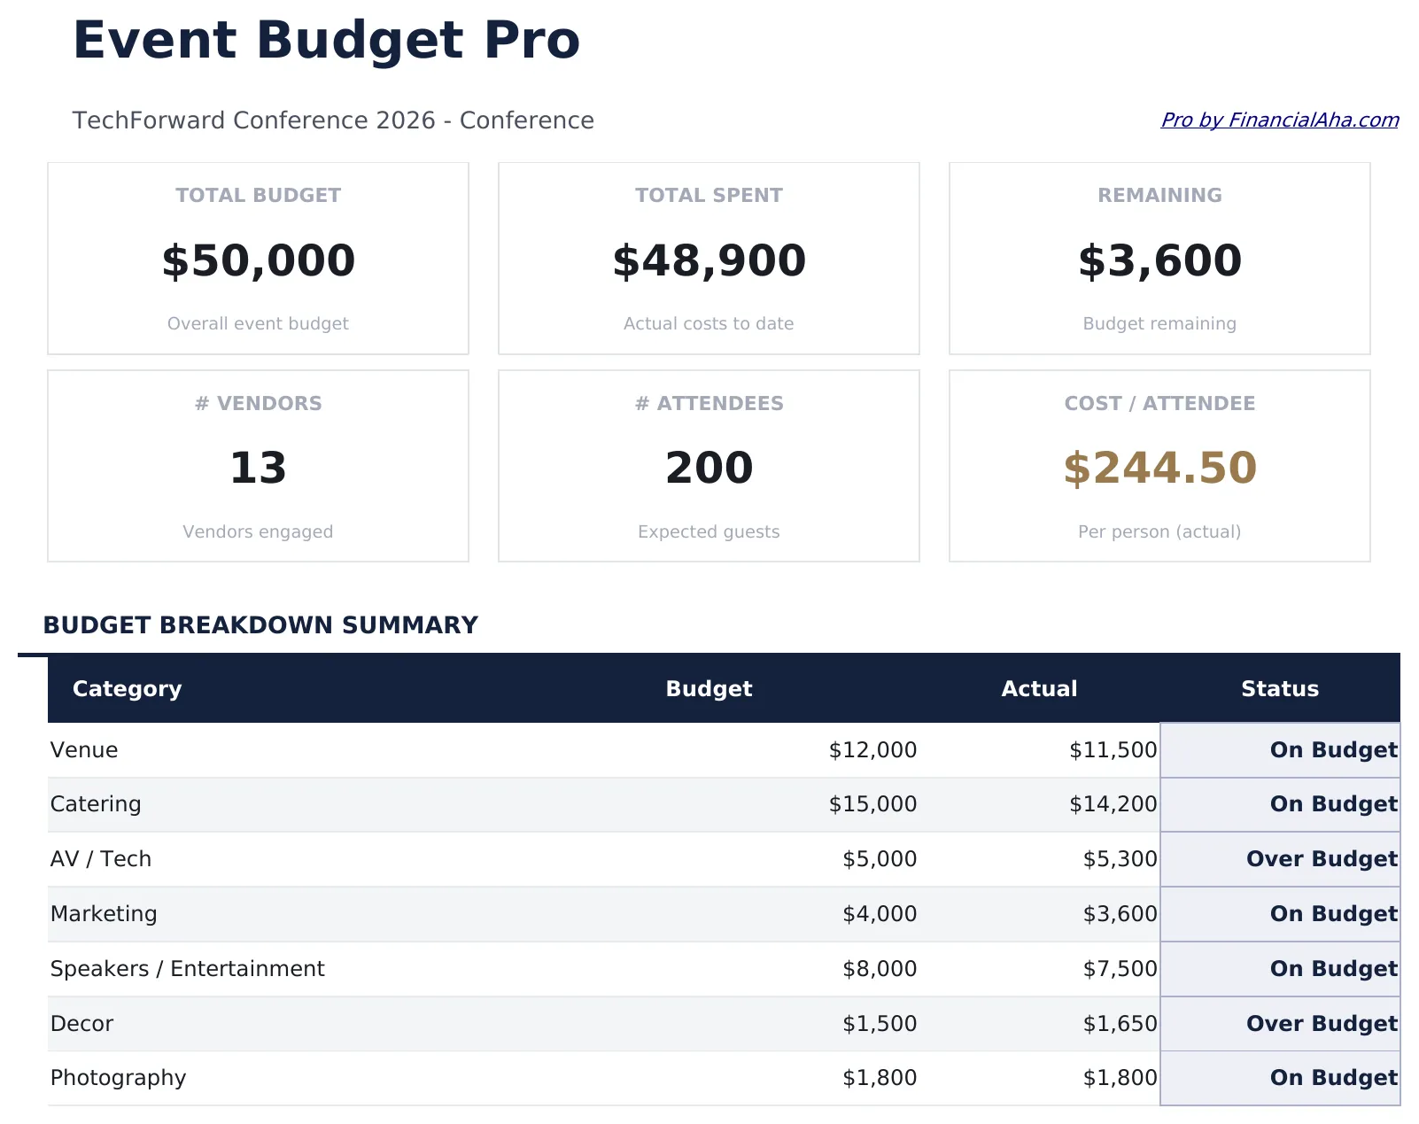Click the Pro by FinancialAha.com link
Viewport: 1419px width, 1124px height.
(1279, 120)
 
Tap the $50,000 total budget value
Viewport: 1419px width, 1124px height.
(258, 260)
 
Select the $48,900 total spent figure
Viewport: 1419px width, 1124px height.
(709, 260)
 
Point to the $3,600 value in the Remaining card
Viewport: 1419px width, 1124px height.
(1159, 260)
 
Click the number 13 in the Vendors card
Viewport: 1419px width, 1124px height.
(258, 468)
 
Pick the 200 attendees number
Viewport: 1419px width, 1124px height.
(709, 468)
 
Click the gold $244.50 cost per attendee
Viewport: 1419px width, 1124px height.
(1159, 468)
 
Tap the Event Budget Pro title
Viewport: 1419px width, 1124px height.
(326, 41)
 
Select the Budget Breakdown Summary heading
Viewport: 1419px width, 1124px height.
(260, 625)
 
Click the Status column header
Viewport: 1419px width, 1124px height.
(1279, 689)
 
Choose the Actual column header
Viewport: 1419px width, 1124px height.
(1039, 689)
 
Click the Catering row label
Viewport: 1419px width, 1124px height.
(96, 804)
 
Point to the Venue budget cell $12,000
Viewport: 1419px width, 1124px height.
(872, 750)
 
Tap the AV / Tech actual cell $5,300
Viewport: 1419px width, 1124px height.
(1120, 859)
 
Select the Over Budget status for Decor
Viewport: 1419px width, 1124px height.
(1321, 1024)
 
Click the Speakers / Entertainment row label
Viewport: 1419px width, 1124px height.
(187, 969)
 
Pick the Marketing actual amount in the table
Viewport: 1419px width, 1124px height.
(1120, 914)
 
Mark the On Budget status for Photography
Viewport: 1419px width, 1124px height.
(1333, 1078)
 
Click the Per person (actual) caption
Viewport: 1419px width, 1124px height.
(1159, 532)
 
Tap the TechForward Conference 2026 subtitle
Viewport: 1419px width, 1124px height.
(333, 120)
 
